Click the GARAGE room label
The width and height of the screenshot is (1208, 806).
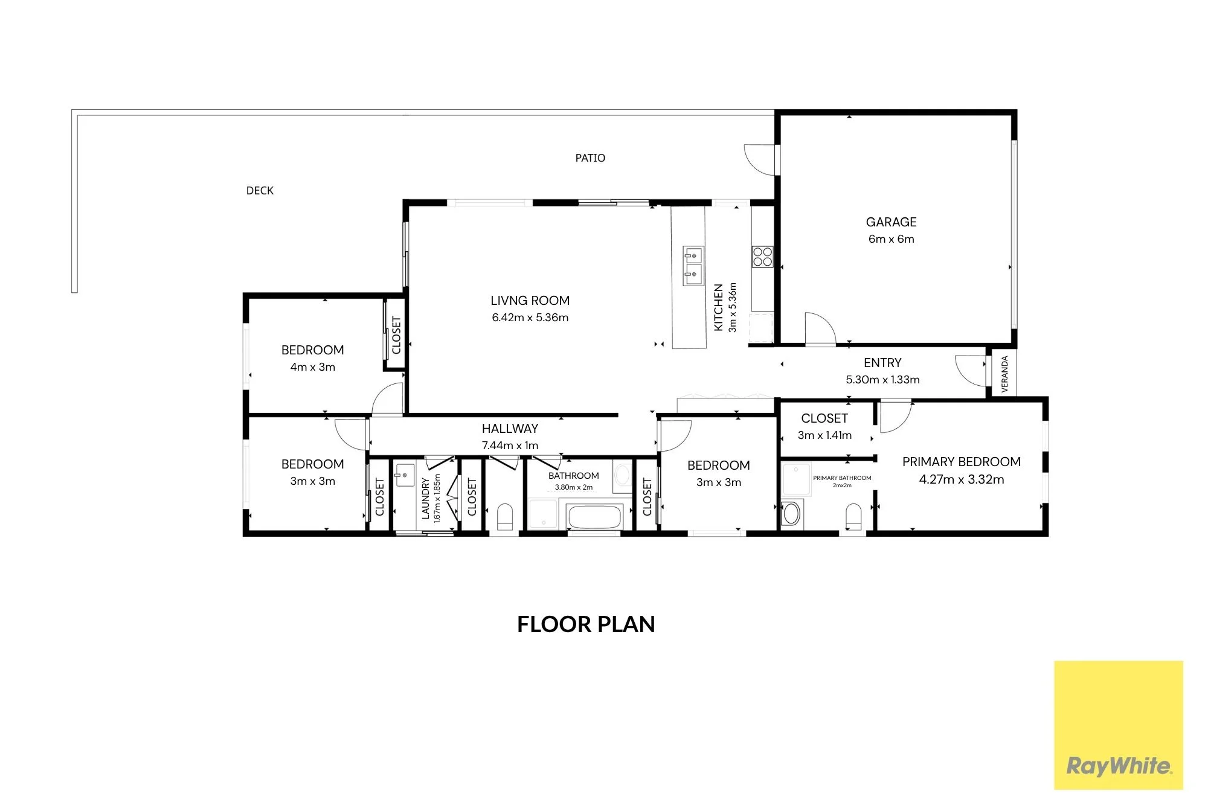coord(891,222)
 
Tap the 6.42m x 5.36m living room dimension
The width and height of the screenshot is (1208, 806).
coord(530,318)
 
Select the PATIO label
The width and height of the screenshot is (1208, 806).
coord(590,158)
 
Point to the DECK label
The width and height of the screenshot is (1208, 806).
coord(260,191)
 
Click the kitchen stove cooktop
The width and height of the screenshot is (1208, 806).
coord(762,257)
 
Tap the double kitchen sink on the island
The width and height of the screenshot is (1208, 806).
coord(693,266)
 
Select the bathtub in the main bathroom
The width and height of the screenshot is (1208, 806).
coord(594,517)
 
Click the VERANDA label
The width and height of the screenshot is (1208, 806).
coord(1004,374)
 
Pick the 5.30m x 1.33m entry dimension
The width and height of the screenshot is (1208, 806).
coord(882,380)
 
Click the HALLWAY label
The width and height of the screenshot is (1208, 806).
coord(510,429)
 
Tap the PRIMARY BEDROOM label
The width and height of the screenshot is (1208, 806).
coord(962,462)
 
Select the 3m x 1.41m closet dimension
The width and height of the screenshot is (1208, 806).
coord(824,435)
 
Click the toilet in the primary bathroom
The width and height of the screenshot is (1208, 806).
coord(853,518)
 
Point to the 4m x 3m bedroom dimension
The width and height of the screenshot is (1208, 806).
coord(313,367)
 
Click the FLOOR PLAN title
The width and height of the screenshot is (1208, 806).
coord(586,624)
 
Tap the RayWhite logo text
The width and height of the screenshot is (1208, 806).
coord(1119,766)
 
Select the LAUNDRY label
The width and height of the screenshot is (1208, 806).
coord(425,499)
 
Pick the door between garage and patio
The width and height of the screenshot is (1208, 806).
coord(760,160)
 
